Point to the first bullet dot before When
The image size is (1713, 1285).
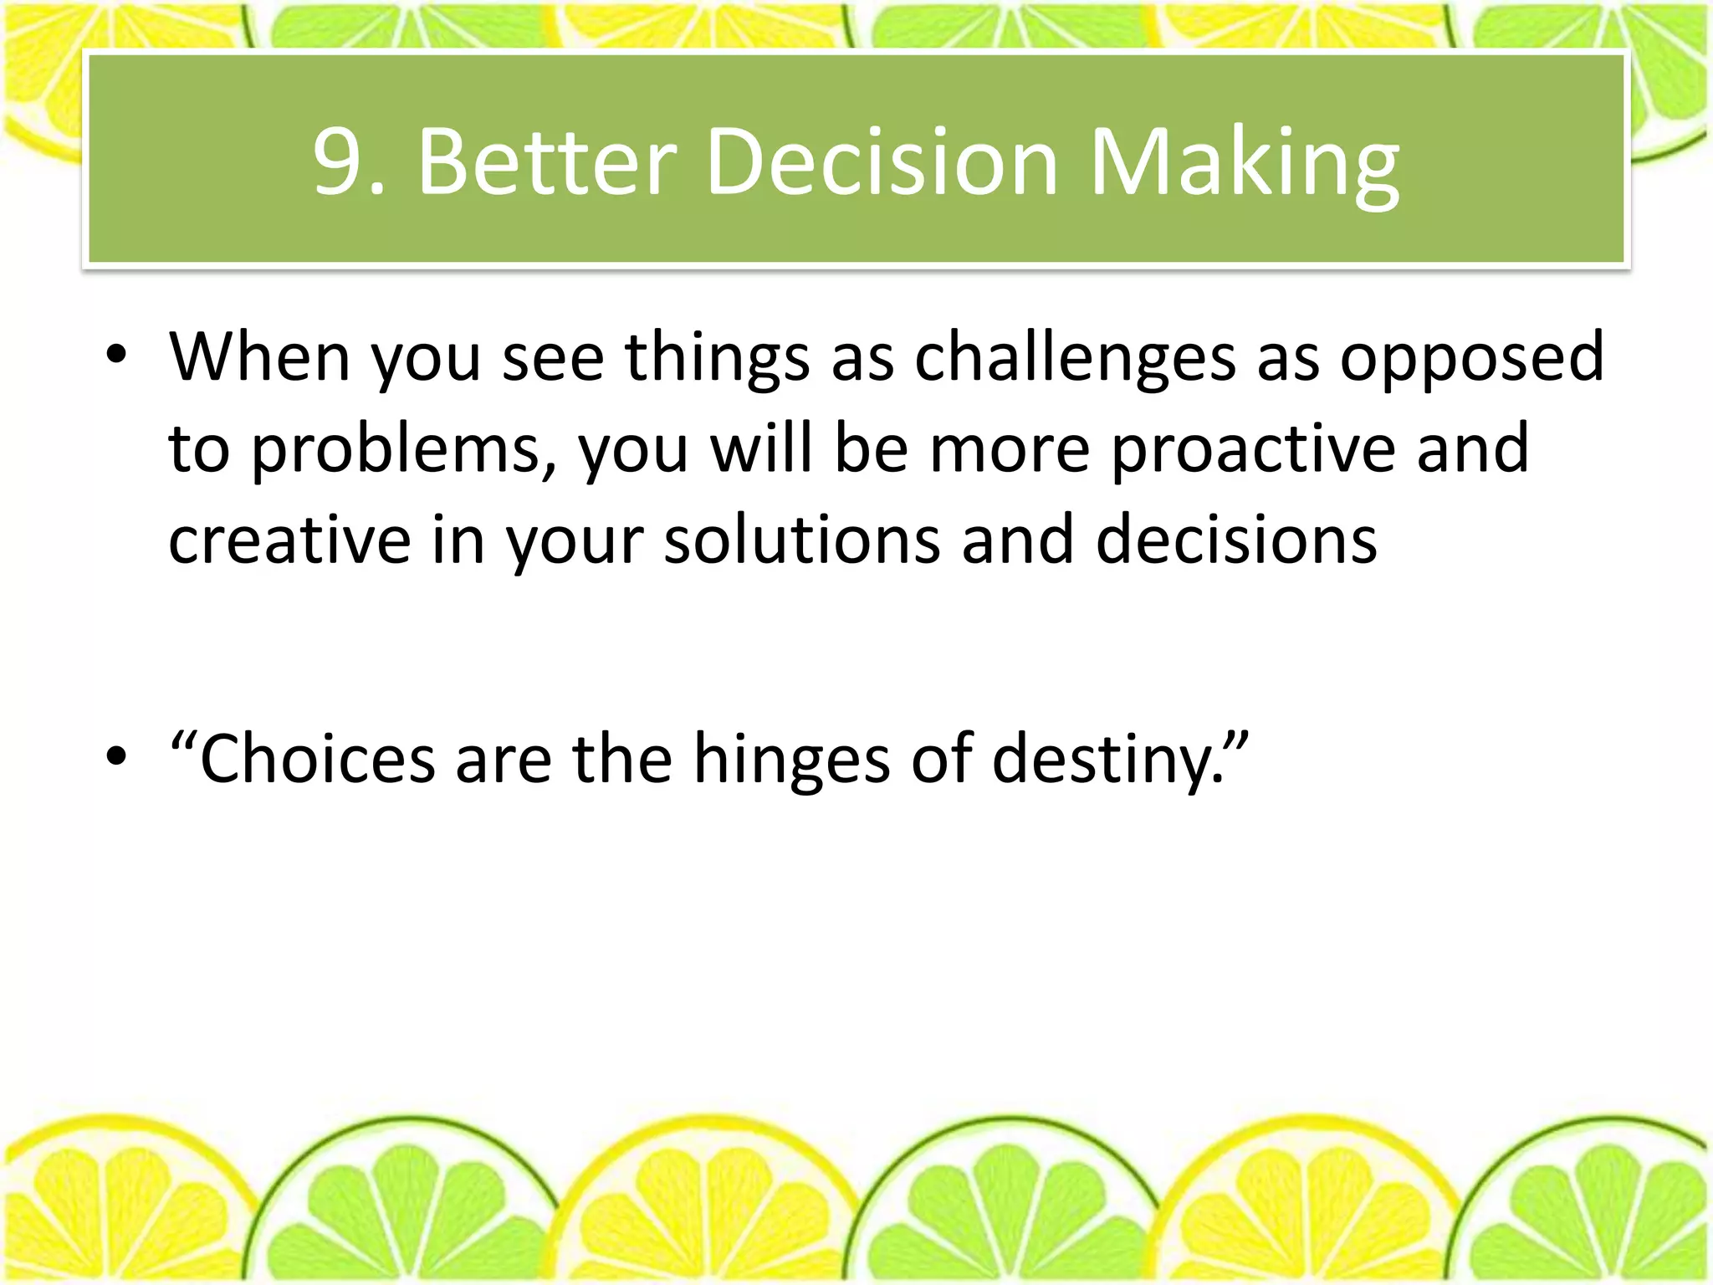(x=116, y=357)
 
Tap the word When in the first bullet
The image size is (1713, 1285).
(x=259, y=357)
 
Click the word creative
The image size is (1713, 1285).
(x=289, y=540)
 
